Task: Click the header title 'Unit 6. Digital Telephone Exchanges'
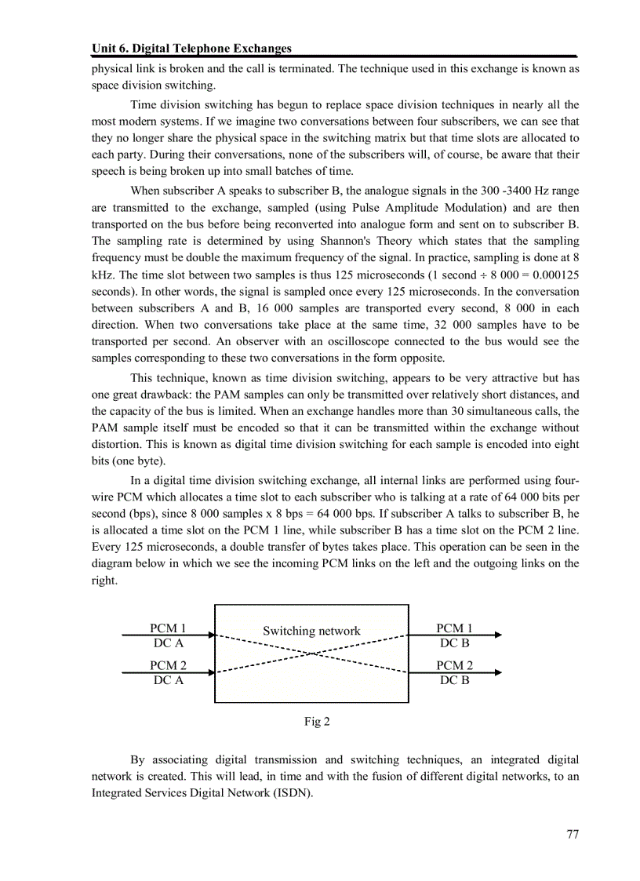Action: click(191, 49)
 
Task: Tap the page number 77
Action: click(572, 834)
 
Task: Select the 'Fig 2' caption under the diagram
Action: click(317, 721)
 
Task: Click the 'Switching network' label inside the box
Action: click(311, 631)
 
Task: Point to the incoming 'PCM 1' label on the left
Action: click(168, 628)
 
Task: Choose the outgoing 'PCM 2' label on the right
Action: click(454, 665)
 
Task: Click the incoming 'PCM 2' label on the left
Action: click(168, 665)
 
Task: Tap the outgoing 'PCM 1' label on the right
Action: click(454, 628)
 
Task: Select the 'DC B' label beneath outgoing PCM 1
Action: click(454, 643)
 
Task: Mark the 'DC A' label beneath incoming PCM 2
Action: click(168, 680)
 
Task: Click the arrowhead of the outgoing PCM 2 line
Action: click(497, 672)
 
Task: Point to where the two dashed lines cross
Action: click(312, 653)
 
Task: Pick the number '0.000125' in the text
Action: click(552, 275)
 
